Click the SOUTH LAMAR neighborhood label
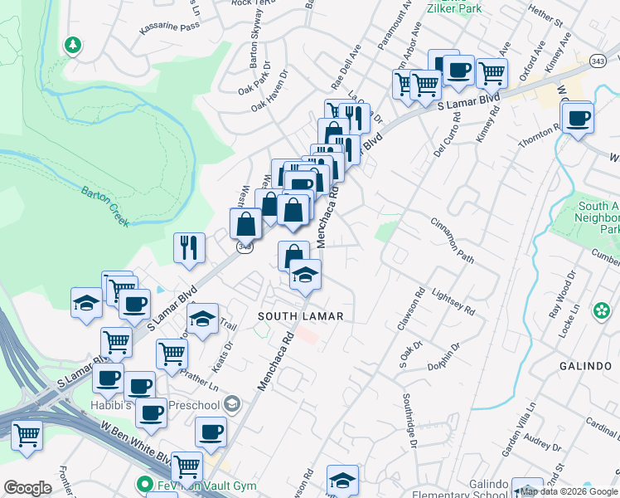click(300, 316)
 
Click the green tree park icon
click(74, 45)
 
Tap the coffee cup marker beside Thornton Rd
click(578, 117)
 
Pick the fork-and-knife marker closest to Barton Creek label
click(189, 247)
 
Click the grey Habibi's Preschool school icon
click(232, 405)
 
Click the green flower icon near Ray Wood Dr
click(601, 311)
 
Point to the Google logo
click(27, 488)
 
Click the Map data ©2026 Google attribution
click(569, 491)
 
